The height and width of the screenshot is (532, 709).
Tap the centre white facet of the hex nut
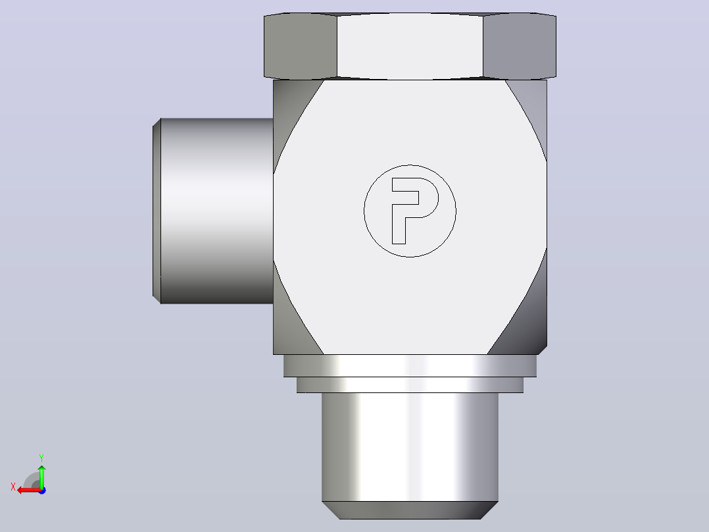point(410,45)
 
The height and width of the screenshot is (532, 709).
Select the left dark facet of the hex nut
point(301,45)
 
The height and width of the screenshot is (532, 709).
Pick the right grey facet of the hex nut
point(520,45)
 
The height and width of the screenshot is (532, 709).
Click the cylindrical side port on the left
point(216,211)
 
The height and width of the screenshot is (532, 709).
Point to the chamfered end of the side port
point(157,211)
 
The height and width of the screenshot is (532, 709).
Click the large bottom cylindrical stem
point(410,447)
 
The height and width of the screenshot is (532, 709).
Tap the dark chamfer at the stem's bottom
point(410,510)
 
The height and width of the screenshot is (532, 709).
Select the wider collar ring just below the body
point(410,366)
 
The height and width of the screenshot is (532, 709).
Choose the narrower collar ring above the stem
point(410,385)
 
